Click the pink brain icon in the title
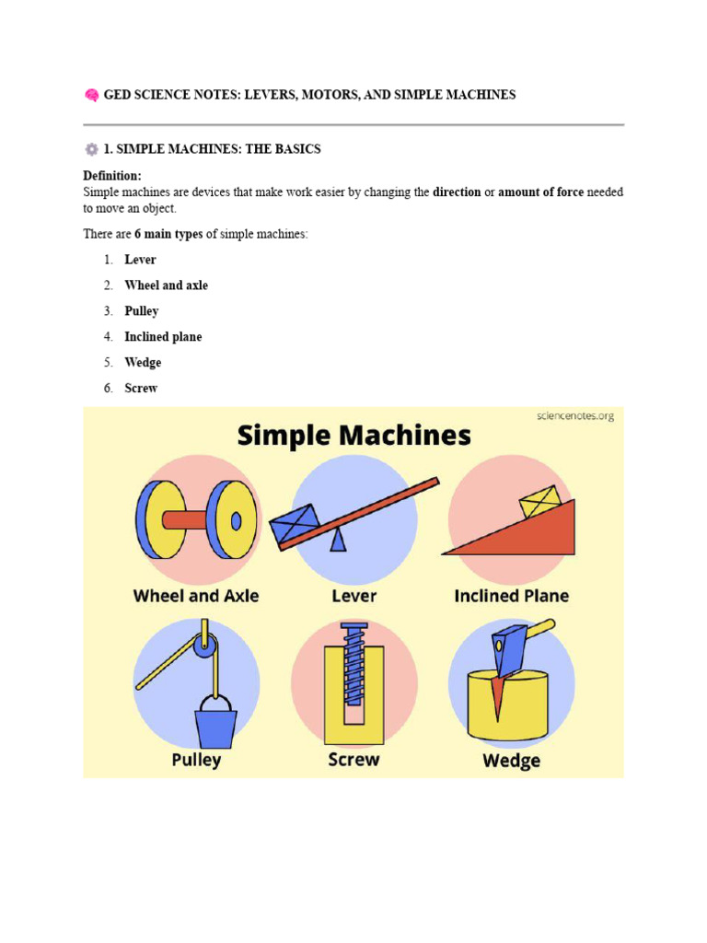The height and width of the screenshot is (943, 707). [91, 95]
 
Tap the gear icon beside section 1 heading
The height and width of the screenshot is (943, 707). [91, 149]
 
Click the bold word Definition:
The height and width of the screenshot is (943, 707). [112, 176]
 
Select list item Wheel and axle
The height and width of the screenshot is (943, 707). [166, 285]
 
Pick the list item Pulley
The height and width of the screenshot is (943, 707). [142, 311]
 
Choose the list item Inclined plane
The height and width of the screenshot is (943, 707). [163, 337]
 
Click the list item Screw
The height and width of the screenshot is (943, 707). [141, 389]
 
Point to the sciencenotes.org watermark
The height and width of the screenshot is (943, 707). [574, 416]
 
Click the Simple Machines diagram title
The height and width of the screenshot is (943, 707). [353, 436]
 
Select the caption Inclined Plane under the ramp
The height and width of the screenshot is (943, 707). [511, 596]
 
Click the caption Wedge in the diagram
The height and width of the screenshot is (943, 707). [511, 761]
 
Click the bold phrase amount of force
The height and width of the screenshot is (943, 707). [540, 192]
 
